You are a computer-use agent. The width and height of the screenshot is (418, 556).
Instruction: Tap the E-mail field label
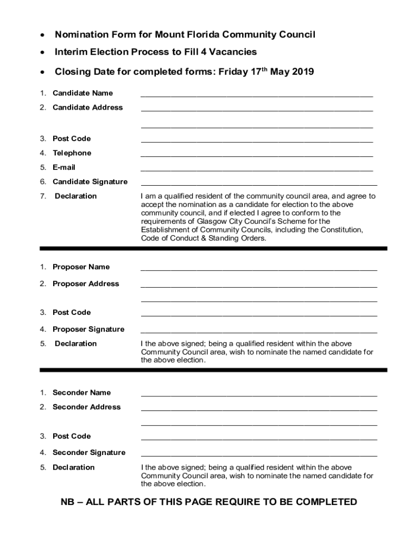tap(64, 167)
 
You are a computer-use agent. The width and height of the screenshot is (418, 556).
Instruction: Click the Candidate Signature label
tap(90, 182)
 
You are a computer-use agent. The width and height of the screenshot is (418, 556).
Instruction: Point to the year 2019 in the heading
tap(303, 72)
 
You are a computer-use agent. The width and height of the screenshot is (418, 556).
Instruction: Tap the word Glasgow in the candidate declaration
tap(207, 222)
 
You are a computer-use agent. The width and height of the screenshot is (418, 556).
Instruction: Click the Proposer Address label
tap(85, 284)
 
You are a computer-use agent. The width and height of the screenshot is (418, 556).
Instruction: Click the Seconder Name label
tap(81, 393)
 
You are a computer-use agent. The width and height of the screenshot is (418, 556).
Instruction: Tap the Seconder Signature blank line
tap(258, 454)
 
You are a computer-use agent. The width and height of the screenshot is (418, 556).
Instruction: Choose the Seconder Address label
tap(86, 407)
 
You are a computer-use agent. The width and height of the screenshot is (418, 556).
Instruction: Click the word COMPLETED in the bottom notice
tap(322, 502)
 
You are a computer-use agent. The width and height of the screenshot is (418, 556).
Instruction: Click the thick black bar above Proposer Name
tap(213, 249)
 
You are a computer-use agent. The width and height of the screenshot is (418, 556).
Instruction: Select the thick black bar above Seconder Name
tap(213, 370)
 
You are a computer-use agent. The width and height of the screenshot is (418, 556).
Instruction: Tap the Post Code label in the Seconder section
tap(72, 436)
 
